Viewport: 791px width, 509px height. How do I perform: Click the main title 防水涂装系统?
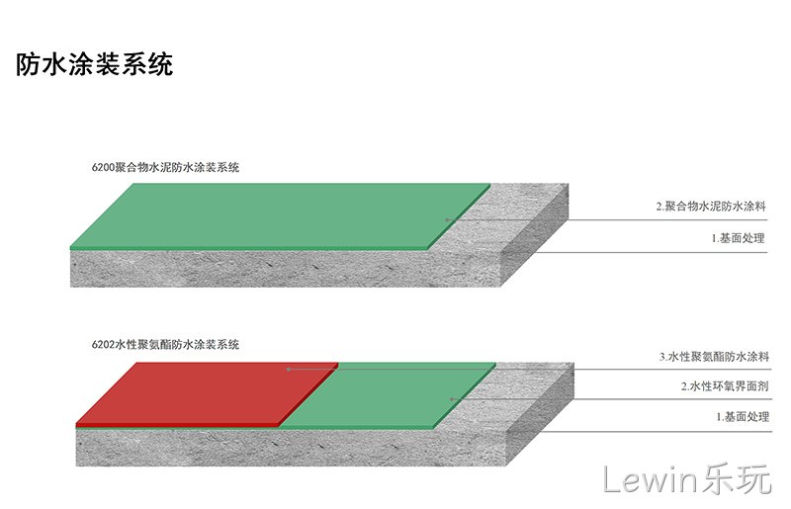tap(94, 64)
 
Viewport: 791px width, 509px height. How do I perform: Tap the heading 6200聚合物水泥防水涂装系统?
tap(165, 167)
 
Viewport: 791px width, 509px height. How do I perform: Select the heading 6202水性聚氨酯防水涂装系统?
tap(165, 345)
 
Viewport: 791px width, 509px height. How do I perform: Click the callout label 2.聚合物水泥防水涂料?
tap(711, 206)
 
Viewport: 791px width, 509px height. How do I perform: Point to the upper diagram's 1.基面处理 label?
tap(738, 238)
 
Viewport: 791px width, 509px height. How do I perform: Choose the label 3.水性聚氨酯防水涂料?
tap(714, 357)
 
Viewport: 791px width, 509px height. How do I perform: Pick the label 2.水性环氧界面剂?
tap(725, 386)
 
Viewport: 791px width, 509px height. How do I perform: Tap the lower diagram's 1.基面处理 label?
tap(743, 417)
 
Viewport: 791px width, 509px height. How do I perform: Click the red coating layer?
tap(207, 393)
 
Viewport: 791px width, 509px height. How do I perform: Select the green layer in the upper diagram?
tap(280, 215)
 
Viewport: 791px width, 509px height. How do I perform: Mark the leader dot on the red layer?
tap(289, 370)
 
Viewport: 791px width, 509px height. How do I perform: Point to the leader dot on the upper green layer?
tap(447, 220)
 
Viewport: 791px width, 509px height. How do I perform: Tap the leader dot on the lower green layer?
tap(452, 399)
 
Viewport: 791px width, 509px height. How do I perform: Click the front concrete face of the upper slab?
tap(285, 269)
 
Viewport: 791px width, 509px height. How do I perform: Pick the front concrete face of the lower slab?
tap(291, 448)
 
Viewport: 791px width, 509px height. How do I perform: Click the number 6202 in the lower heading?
tap(103, 345)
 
